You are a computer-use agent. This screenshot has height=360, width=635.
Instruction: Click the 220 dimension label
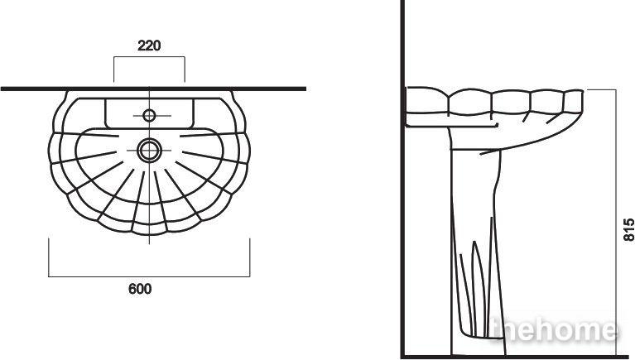pyautogui.click(x=149, y=46)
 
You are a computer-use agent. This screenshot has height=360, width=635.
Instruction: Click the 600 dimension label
pyautogui.click(x=140, y=289)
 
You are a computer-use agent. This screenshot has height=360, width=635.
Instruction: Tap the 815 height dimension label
pyautogui.click(x=628, y=230)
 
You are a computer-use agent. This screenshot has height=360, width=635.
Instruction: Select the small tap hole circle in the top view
pyautogui.click(x=149, y=116)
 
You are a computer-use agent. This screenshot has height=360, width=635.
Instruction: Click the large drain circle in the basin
pyautogui.click(x=149, y=151)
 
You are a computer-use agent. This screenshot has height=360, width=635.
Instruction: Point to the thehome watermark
pyautogui.click(x=555, y=330)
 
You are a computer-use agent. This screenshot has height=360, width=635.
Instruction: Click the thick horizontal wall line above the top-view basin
pyautogui.click(x=153, y=89)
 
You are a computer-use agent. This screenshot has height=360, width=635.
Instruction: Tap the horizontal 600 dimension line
pyautogui.click(x=149, y=277)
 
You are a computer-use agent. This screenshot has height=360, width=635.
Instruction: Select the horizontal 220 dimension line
pyautogui.click(x=149, y=57)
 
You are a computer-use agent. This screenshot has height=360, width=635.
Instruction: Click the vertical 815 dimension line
pyautogui.click(x=616, y=223)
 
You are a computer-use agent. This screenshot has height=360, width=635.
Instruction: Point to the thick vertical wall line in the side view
pyautogui.click(x=402, y=178)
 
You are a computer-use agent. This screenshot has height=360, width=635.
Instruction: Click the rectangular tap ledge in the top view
pyautogui.click(x=149, y=113)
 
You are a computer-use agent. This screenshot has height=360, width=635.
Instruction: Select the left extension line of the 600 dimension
pyautogui.click(x=49, y=257)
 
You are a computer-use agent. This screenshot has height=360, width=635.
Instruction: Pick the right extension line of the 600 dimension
pyautogui.click(x=250, y=257)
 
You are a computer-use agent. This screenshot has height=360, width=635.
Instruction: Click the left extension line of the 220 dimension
pyautogui.click(x=113, y=70)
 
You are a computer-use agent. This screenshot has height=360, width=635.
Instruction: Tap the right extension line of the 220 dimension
pyautogui.click(x=185, y=70)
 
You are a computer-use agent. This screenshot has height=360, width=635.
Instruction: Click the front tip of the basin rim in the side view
pyautogui.click(x=583, y=92)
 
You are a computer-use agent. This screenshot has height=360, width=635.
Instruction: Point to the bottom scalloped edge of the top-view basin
pyautogui.click(x=149, y=234)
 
